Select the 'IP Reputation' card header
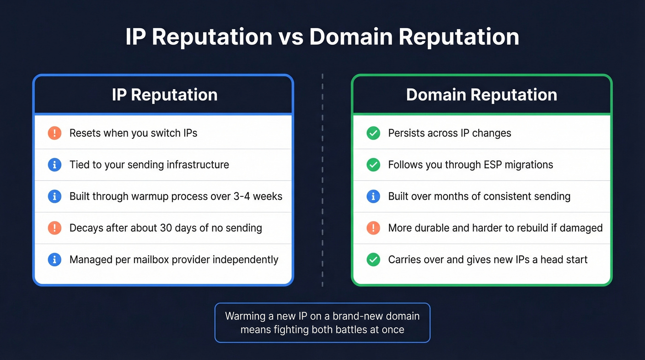tap(164, 94)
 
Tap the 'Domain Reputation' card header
tap(481, 94)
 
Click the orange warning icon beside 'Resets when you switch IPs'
tap(54, 133)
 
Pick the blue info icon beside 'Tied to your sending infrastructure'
tap(54, 165)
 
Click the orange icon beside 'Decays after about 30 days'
tap(54, 228)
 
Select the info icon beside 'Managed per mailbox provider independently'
tap(54, 260)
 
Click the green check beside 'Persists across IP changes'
tap(373, 133)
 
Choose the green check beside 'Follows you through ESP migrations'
tap(373, 165)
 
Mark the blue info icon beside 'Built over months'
tap(373, 196)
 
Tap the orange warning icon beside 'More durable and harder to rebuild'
tap(373, 228)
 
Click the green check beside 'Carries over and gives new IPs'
tap(373, 260)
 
